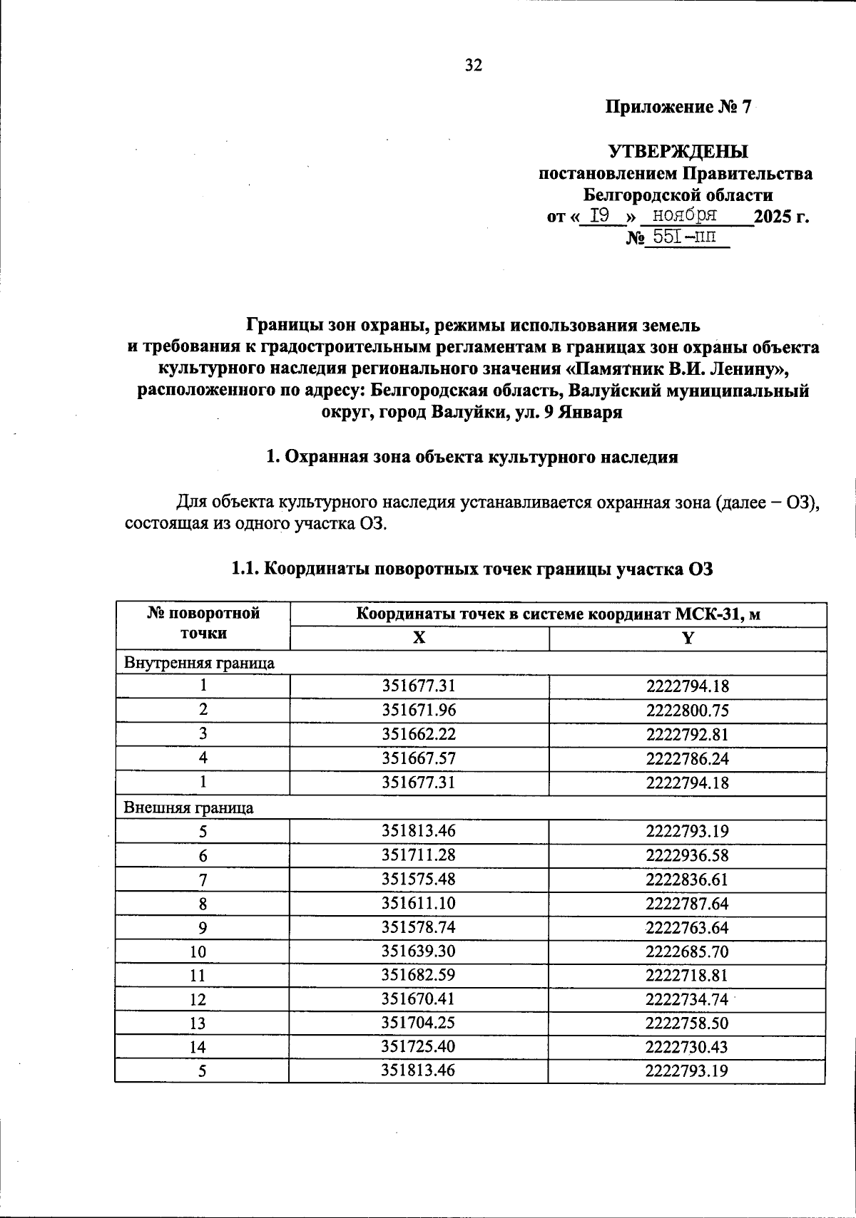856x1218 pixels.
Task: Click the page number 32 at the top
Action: [x=474, y=66]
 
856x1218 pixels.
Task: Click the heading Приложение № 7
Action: [x=678, y=108]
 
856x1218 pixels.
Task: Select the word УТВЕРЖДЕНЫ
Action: [x=678, y=151]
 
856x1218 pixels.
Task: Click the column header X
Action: [x=419, y=639]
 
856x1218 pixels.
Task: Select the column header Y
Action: [x=687, y=639]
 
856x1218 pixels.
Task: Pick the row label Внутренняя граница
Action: [x=200, y=663]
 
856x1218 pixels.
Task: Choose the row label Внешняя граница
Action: [x=189, y=807]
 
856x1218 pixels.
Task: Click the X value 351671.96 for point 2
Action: [x=419, y=711]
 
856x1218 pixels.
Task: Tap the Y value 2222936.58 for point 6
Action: [x=687, y=855]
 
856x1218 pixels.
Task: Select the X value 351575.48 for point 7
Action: [x=419, y=879]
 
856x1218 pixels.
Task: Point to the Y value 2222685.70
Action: [x=687, y=952]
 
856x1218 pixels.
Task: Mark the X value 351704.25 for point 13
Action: [x=419, y=1023]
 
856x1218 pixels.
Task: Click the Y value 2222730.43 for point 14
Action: [x=687, y=1048]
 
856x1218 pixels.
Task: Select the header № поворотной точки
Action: [x=203, y=623]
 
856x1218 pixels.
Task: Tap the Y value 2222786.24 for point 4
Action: [x=687, y=758]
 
